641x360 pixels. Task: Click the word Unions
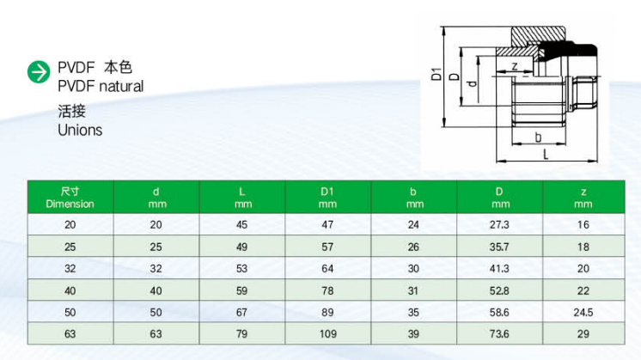coord(79,131)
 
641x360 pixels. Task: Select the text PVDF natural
coord(101,87)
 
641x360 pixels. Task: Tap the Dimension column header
coord(70,198)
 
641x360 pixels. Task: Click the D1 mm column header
coord(327,198)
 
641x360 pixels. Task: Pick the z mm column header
coord(583,198)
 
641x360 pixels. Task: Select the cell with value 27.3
coord(499,224)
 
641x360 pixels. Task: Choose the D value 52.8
coord(499,290)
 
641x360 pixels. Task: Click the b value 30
coord(413,268)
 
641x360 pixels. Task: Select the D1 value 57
coord(327,247)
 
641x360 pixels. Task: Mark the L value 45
coord(241,224)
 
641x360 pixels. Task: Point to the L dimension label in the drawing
coord(546,155)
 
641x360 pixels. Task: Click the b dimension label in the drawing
coord(536,136)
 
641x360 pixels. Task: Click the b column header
coord(413,198)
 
